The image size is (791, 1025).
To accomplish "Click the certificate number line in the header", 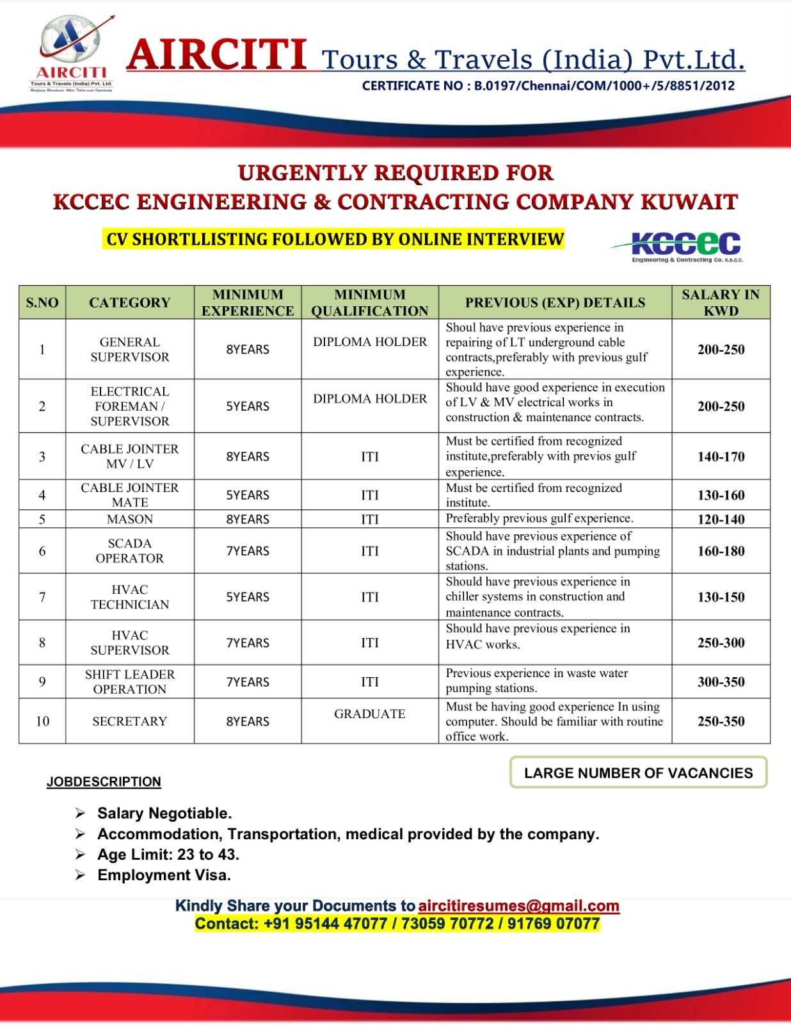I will tap(548, 86).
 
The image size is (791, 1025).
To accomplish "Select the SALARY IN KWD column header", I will tap(721, 302).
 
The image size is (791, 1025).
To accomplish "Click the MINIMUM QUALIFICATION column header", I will tap(370, 302).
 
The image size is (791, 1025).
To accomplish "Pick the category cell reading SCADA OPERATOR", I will tap(130, 551).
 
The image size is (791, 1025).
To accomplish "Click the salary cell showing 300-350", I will tap(721, 682).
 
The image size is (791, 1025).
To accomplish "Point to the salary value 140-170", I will tap(721, 457).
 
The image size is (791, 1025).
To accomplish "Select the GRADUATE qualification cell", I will tap(370, 714).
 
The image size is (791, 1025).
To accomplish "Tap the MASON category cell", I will tap(130, 519).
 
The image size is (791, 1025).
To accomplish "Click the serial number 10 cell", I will tap(42, 721).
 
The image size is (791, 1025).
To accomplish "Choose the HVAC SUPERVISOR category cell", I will tap(130, 643).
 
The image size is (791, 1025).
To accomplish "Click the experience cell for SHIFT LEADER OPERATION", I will tap(248, 682).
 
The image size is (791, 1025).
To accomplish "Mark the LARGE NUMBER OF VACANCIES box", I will tap(638, 773).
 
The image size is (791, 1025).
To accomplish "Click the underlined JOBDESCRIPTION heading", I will tap(104, 782).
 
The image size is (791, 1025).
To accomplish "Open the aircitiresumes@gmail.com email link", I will tap(518, 906).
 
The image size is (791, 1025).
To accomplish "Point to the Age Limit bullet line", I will tap(168, 855).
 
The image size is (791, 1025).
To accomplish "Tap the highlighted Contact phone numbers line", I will tap(397, 924).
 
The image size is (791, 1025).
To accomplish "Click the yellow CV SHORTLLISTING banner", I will tap(335, 240).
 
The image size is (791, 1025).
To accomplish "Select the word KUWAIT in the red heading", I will tap(689, 202).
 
